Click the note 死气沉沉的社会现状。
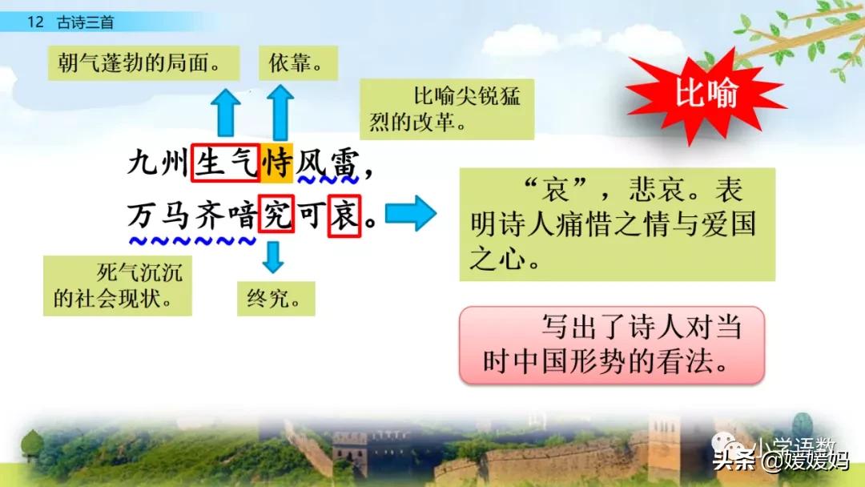(117, 285)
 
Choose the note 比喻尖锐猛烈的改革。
(447, 110)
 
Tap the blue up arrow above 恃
(280, 113)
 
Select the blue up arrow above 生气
(227, 113)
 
